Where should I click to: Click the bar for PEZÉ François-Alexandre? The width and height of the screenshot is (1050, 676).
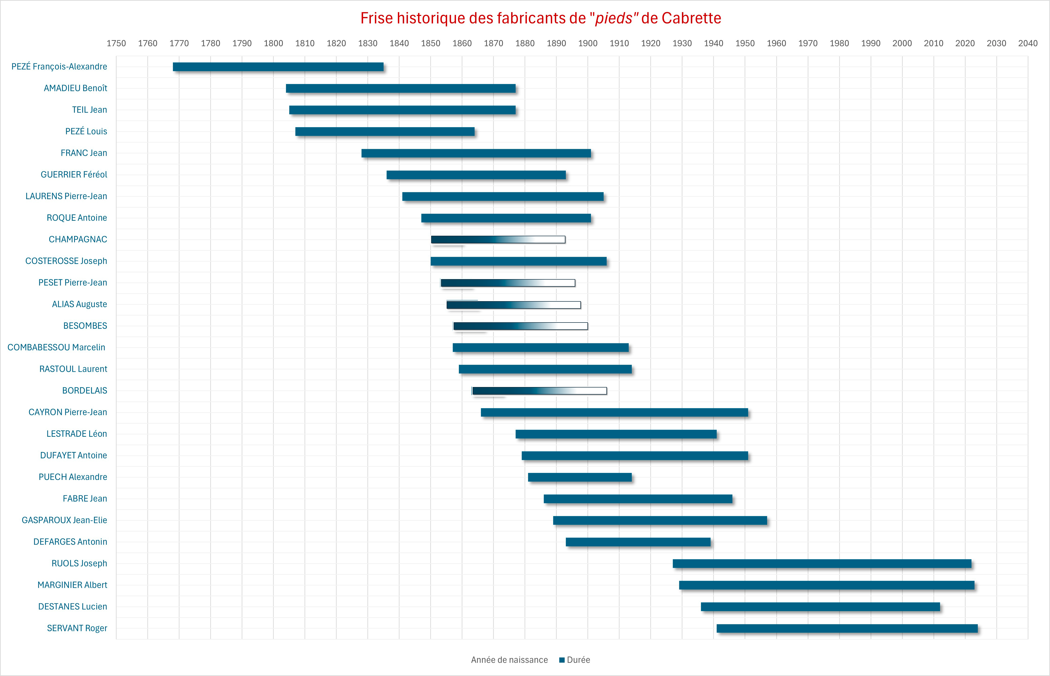(x=278, y=67)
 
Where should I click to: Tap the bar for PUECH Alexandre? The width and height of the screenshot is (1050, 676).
(x=579, y=477)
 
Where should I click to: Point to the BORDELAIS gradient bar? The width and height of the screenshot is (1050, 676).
(x=539, y=391)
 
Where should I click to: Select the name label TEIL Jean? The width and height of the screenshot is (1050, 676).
(x=90, y=110)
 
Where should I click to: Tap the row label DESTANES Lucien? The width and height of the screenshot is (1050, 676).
(x=72, y=607)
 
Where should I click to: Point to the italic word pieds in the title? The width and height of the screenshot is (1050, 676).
(x=613, y=18)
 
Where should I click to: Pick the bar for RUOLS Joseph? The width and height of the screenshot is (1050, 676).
(x=822, y=564)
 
